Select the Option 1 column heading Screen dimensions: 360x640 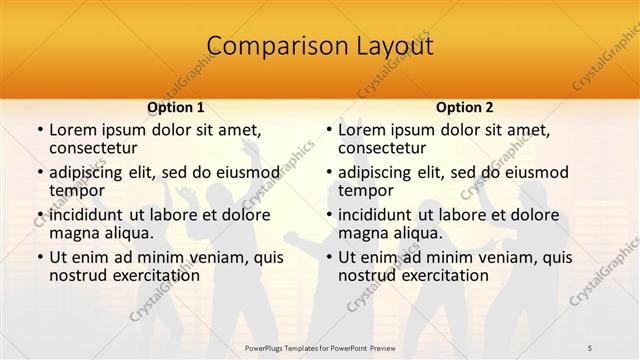coord(176,107)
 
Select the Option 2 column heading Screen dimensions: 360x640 coord(464,107)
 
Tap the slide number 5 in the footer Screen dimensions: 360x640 coord(617,346)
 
